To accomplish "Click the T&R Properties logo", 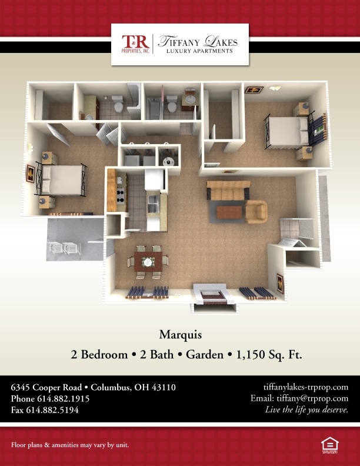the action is tap(135, 44).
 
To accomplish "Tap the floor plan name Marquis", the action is tap(181, 335).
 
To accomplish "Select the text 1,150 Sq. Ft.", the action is tap(269, 355).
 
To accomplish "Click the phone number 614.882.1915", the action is tap(64, 398).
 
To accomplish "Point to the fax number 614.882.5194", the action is tap(52, 410).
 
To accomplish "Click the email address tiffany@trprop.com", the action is tap(312, 398).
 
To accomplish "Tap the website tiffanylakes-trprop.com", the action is tap(306, 387).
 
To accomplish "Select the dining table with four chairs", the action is tap(148, 262).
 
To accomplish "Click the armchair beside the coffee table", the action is tap(256, 211).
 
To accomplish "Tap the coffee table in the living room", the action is tap(229, 212).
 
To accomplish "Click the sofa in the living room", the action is tap(228, 190).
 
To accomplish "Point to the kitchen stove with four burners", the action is tap(121, 196).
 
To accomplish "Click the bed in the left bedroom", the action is tap(62, 180).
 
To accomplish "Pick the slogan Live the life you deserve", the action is tap(306, 410).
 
